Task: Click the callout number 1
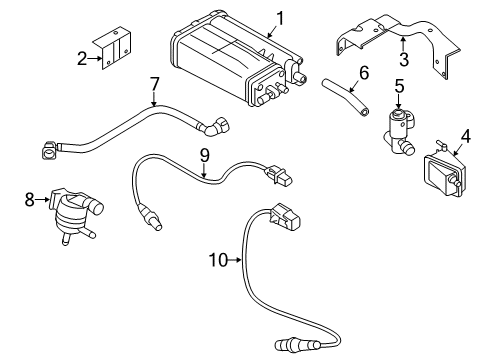click(280, 19)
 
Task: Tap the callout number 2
click(82, 59)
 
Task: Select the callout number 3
click(404, 59)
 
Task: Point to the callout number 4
click(466, 136)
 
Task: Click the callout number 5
click(399, 86)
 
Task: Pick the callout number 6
click(363, 73)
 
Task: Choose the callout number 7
click(154, 85)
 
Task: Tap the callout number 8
click(30, 200)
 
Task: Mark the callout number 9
click(204, 155)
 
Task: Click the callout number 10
click(218, 260)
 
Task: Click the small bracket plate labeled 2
click(112, 49)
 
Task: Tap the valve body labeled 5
click(400, 132)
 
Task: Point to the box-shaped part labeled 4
click(444, 172)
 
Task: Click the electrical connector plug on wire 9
click(277, 175)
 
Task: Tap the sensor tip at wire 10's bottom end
click(285, 345)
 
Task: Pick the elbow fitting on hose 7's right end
click(214, 126)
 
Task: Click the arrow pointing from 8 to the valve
click(42, 200)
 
